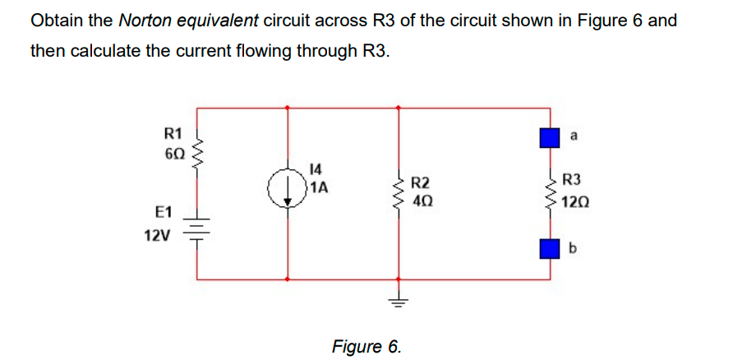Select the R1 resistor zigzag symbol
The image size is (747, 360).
197,149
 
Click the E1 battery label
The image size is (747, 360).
162,213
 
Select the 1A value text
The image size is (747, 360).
317,187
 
